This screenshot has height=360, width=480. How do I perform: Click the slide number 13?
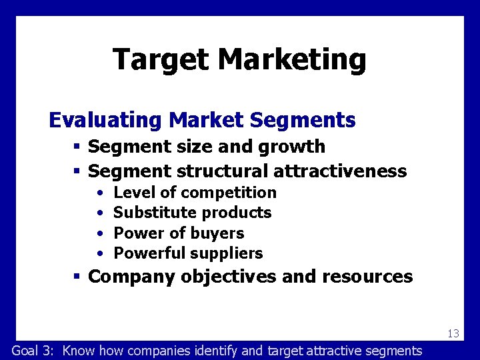(453, 333)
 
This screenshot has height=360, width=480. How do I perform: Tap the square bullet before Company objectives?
(77, 277)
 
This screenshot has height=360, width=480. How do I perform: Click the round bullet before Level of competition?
(99, 193)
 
